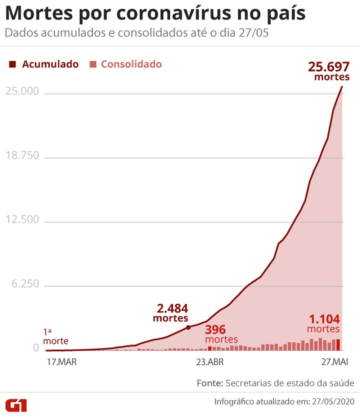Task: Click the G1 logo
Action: [x=16, y=405]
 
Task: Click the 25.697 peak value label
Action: [x=329, y=67]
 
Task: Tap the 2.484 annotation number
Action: [x=172, y=309]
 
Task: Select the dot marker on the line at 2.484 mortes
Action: [x=188, y=327]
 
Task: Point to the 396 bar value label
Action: [x=215, y=330]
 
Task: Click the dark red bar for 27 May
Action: [x=338, y=345]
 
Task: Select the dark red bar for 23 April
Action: [x=210, y=348]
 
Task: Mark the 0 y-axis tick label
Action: [x=36, y=348]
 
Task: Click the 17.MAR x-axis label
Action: [x=62, y=362]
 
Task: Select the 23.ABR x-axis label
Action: [x=210, y=362]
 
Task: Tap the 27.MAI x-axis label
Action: [x=334, y=362]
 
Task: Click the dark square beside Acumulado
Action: [x=13, y=65]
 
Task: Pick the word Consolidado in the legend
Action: [x=131, y=64]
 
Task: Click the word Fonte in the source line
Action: [x=210, y=383]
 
